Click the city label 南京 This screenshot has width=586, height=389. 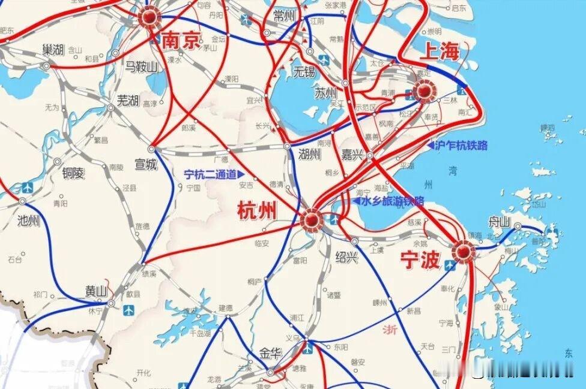tap(181, 41)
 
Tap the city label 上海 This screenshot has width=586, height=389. tap(439, 52)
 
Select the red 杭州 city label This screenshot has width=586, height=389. tap(258, 211)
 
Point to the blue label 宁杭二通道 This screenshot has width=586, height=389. tap(210, 174)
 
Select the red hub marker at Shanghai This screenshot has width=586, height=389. tap(423, 92)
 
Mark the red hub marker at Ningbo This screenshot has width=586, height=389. tap(462, 252)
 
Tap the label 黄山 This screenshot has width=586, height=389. tap(95, 292)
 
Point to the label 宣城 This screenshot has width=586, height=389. tap(145, 163)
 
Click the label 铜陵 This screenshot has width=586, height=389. tap(73, 173)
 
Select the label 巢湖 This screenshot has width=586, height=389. tap(53, 49)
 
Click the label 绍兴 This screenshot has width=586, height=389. tap(346, 257)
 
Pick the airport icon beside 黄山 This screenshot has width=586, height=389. tap(128, 310)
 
